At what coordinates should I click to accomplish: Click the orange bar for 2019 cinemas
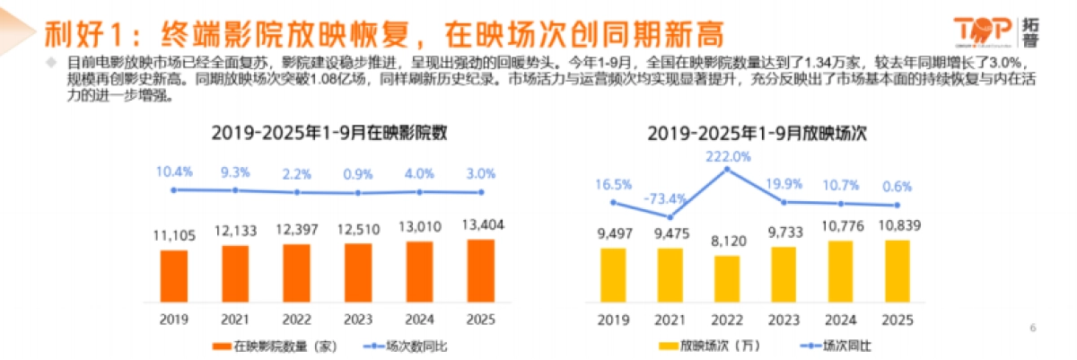[x=174, y=277]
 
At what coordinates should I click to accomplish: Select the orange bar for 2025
[x=480, y=272]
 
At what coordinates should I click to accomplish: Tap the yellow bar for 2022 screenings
[x=728, y=280]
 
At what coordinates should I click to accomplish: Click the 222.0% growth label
[x=729, y=155]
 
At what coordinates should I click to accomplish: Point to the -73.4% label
[x=667, y=198]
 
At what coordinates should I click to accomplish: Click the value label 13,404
[x=480, y=225]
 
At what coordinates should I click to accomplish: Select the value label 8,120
[x=728, y=241]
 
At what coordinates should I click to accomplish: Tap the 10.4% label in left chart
[x=174, y=171]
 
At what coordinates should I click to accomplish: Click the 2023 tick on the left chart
[x=358, y=319]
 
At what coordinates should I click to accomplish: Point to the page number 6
[x=1032, y=329]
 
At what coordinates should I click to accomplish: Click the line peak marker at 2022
[x=729, y=171]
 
